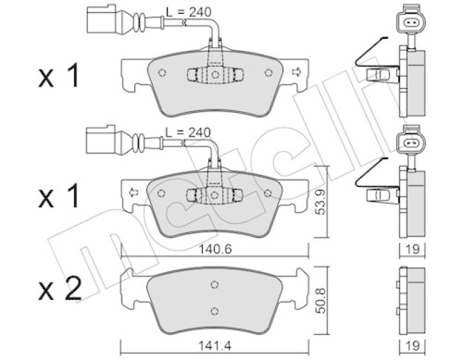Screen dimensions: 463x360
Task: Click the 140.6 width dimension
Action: [215, 249]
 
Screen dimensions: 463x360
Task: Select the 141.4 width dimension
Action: [215, 346]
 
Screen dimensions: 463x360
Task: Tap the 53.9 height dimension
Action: [320, 202]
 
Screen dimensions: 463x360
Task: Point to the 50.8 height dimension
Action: [320, 300]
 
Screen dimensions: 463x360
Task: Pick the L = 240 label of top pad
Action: [189, 12]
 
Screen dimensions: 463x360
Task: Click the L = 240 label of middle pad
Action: [188, 133]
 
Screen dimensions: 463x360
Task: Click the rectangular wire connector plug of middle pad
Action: [101, 139]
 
